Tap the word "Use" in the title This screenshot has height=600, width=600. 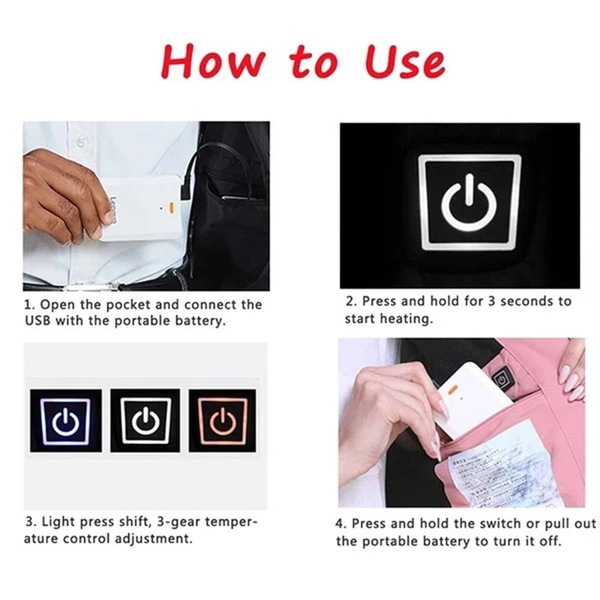point(404,61)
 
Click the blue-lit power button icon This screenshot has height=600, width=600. point(65,421)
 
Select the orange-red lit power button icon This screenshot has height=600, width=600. point(222,421)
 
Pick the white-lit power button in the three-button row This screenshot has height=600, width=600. point(145,421)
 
